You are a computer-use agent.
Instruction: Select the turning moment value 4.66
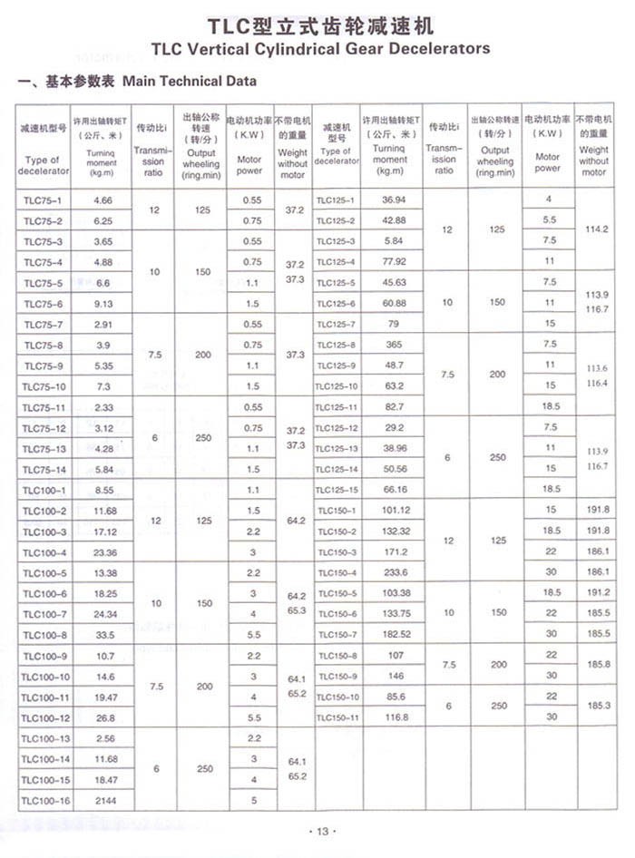pos(103,200)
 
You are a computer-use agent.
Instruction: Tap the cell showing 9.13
pos(103,304)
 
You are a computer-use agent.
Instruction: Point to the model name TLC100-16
pos(45,801)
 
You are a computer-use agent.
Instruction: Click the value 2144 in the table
pos(103,801)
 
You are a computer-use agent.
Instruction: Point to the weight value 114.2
pos(597,230)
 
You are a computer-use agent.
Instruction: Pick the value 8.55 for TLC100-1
pos(103,489)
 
